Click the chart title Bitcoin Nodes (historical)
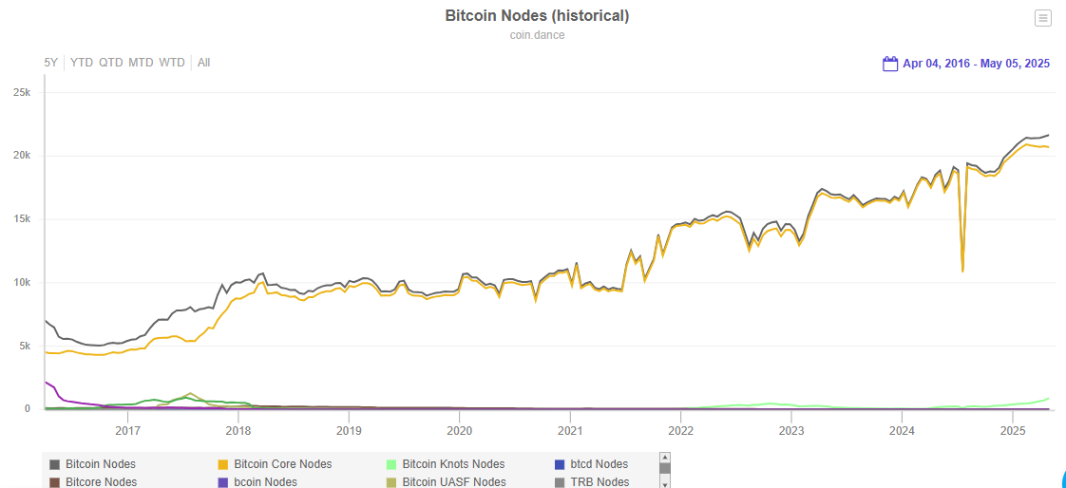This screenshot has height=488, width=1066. point(537,16)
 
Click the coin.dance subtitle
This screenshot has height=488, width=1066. point(537,35)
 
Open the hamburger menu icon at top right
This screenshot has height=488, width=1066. point(1042,18)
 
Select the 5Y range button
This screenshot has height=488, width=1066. point(51,63)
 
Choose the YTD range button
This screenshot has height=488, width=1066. point(82,63)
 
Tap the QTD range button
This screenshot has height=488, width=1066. point(111,63)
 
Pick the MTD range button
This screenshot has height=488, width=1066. point(141,63)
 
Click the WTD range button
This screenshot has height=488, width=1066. point(172,63)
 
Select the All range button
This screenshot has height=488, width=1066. point(203,63)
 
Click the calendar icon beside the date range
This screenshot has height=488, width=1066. point(890,64)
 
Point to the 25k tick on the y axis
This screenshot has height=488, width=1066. point(22,92)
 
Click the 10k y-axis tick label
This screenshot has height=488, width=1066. point(22,282)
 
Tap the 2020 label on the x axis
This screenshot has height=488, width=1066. point(459,430)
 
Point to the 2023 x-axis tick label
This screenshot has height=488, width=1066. point(790,430)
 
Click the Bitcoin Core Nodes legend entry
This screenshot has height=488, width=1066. point(282,464)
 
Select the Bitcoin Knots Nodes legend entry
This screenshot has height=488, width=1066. point(453,464)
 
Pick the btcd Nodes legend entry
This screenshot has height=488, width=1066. point(599,464)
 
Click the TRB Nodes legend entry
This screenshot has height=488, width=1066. point(599,482)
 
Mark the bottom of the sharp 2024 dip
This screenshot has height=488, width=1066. point(962,272)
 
